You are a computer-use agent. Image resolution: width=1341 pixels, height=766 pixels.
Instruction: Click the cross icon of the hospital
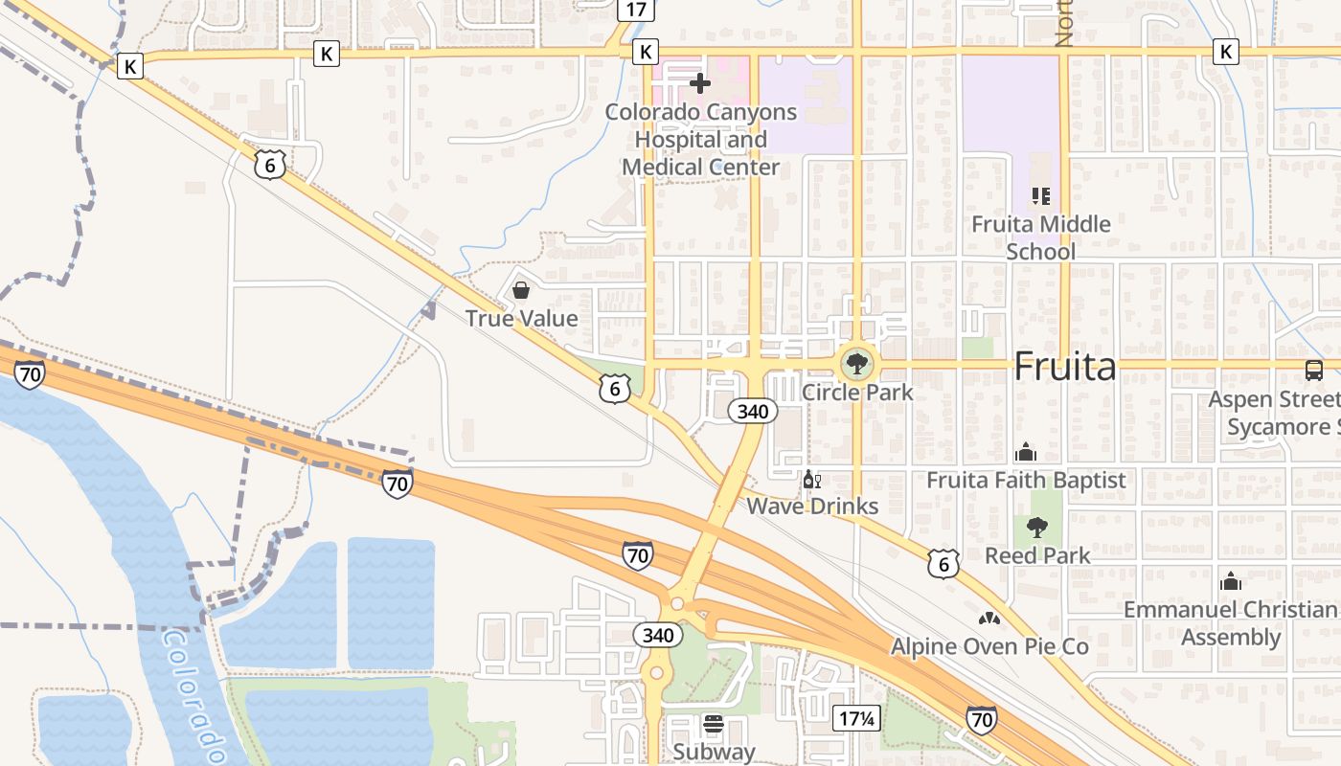[700, 83]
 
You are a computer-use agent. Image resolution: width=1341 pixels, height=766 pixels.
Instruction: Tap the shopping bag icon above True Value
[521, 289]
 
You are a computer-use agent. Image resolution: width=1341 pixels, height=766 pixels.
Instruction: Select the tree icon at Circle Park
[856, 364]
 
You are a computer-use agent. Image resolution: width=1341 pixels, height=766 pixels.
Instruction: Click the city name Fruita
[1064, 367]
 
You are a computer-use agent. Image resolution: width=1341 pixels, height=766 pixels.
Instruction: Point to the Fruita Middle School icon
[1041, 196]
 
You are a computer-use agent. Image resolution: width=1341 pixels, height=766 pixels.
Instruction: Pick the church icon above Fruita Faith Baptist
[1026, 451]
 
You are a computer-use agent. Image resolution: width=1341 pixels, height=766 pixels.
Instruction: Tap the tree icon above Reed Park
[1037, 527]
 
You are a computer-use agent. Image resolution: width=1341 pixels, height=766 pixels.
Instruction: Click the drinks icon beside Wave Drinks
[811, 480]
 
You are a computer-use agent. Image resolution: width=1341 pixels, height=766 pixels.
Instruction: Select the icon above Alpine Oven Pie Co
[989, 619]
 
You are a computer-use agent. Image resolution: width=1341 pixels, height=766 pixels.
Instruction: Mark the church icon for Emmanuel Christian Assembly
[1231, 581]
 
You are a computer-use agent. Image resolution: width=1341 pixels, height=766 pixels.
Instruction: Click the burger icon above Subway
[714, 723]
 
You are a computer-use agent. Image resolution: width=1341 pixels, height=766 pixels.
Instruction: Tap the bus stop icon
[1314, 370]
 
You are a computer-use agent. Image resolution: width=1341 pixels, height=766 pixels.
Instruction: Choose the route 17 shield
[636, 10]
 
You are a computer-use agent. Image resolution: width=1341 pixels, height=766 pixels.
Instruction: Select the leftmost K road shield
[130, 66]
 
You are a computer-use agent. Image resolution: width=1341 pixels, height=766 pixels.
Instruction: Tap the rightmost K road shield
[1225, 52]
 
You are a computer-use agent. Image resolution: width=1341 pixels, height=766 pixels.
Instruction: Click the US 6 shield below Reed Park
[943, 565]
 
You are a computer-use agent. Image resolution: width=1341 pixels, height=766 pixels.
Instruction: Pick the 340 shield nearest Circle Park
[752, 412]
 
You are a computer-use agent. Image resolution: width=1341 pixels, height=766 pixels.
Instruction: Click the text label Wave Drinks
[812, 507]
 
